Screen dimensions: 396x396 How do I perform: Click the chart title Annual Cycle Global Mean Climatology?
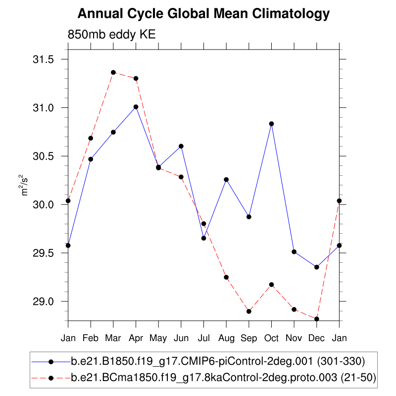point(203,14)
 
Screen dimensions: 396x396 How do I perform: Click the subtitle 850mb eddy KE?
point(112,35)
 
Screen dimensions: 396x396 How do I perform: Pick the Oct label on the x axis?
point(271,338)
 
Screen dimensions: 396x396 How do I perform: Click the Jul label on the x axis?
point(203,338)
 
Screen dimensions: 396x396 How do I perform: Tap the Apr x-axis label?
point(136,338)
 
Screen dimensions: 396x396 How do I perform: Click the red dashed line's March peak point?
point(113,72)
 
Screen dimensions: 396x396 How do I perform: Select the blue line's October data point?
point(271,124)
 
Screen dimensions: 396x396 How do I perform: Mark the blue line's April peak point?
point(136,107)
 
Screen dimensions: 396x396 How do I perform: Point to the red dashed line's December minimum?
point(317,319)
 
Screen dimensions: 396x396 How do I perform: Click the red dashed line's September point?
point(249,311)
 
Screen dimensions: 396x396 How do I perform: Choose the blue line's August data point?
point(226,180)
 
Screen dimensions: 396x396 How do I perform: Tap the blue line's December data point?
point(317,267)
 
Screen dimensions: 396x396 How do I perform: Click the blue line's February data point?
point(91,159)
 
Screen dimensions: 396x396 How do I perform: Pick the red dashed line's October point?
point(271,285)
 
